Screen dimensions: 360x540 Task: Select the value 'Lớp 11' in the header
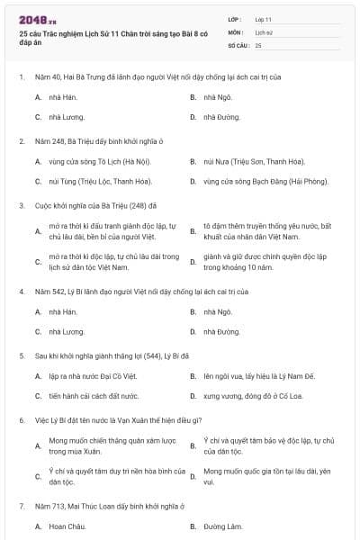tap(263, 19)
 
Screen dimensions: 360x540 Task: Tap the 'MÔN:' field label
tap(236, 31)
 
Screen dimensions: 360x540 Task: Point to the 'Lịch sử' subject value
tap(263, 31)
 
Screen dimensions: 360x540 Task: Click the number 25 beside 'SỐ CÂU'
tap(258, 44)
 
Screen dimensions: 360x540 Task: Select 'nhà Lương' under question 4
tap(67, 332)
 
